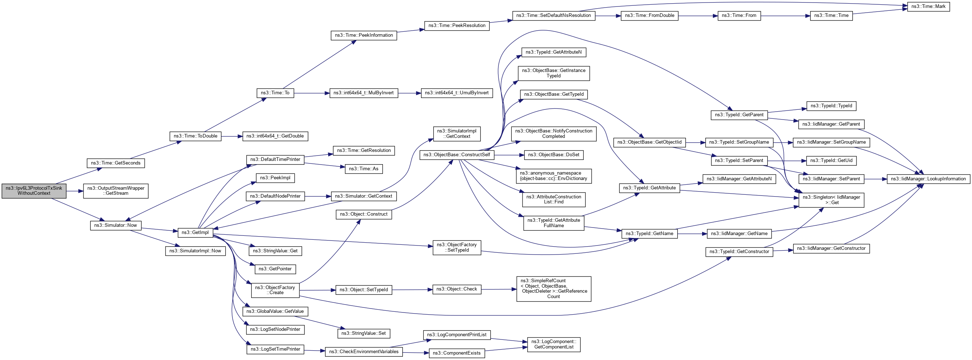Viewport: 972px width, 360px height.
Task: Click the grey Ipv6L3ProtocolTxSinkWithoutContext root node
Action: pos(34,191)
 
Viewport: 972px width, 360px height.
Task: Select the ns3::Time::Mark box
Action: pos(928,7)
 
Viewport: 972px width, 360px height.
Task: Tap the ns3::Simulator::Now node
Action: pos(116,225)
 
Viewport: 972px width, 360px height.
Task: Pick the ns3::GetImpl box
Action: pos(195,233)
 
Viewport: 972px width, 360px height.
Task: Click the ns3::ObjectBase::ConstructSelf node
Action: pos(457,155)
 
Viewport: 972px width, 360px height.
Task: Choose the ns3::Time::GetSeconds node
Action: pos(116,163)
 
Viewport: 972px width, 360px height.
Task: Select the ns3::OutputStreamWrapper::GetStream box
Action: pos(116,191)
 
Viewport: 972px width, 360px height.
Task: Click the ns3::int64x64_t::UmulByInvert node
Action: pos(457,93)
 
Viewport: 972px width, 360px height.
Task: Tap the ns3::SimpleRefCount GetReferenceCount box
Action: pos(553,289)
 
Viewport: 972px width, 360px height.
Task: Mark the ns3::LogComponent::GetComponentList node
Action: pos(553,344)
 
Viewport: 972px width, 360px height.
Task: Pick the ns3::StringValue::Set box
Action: pos(363,334)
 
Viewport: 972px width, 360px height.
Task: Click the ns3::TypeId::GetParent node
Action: pos(739,115)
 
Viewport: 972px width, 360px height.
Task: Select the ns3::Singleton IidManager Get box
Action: pos(831,200)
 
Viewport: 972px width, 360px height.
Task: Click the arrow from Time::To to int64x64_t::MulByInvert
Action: pos(312,93)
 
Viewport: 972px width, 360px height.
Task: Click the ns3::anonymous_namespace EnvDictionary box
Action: pos(553,176)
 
